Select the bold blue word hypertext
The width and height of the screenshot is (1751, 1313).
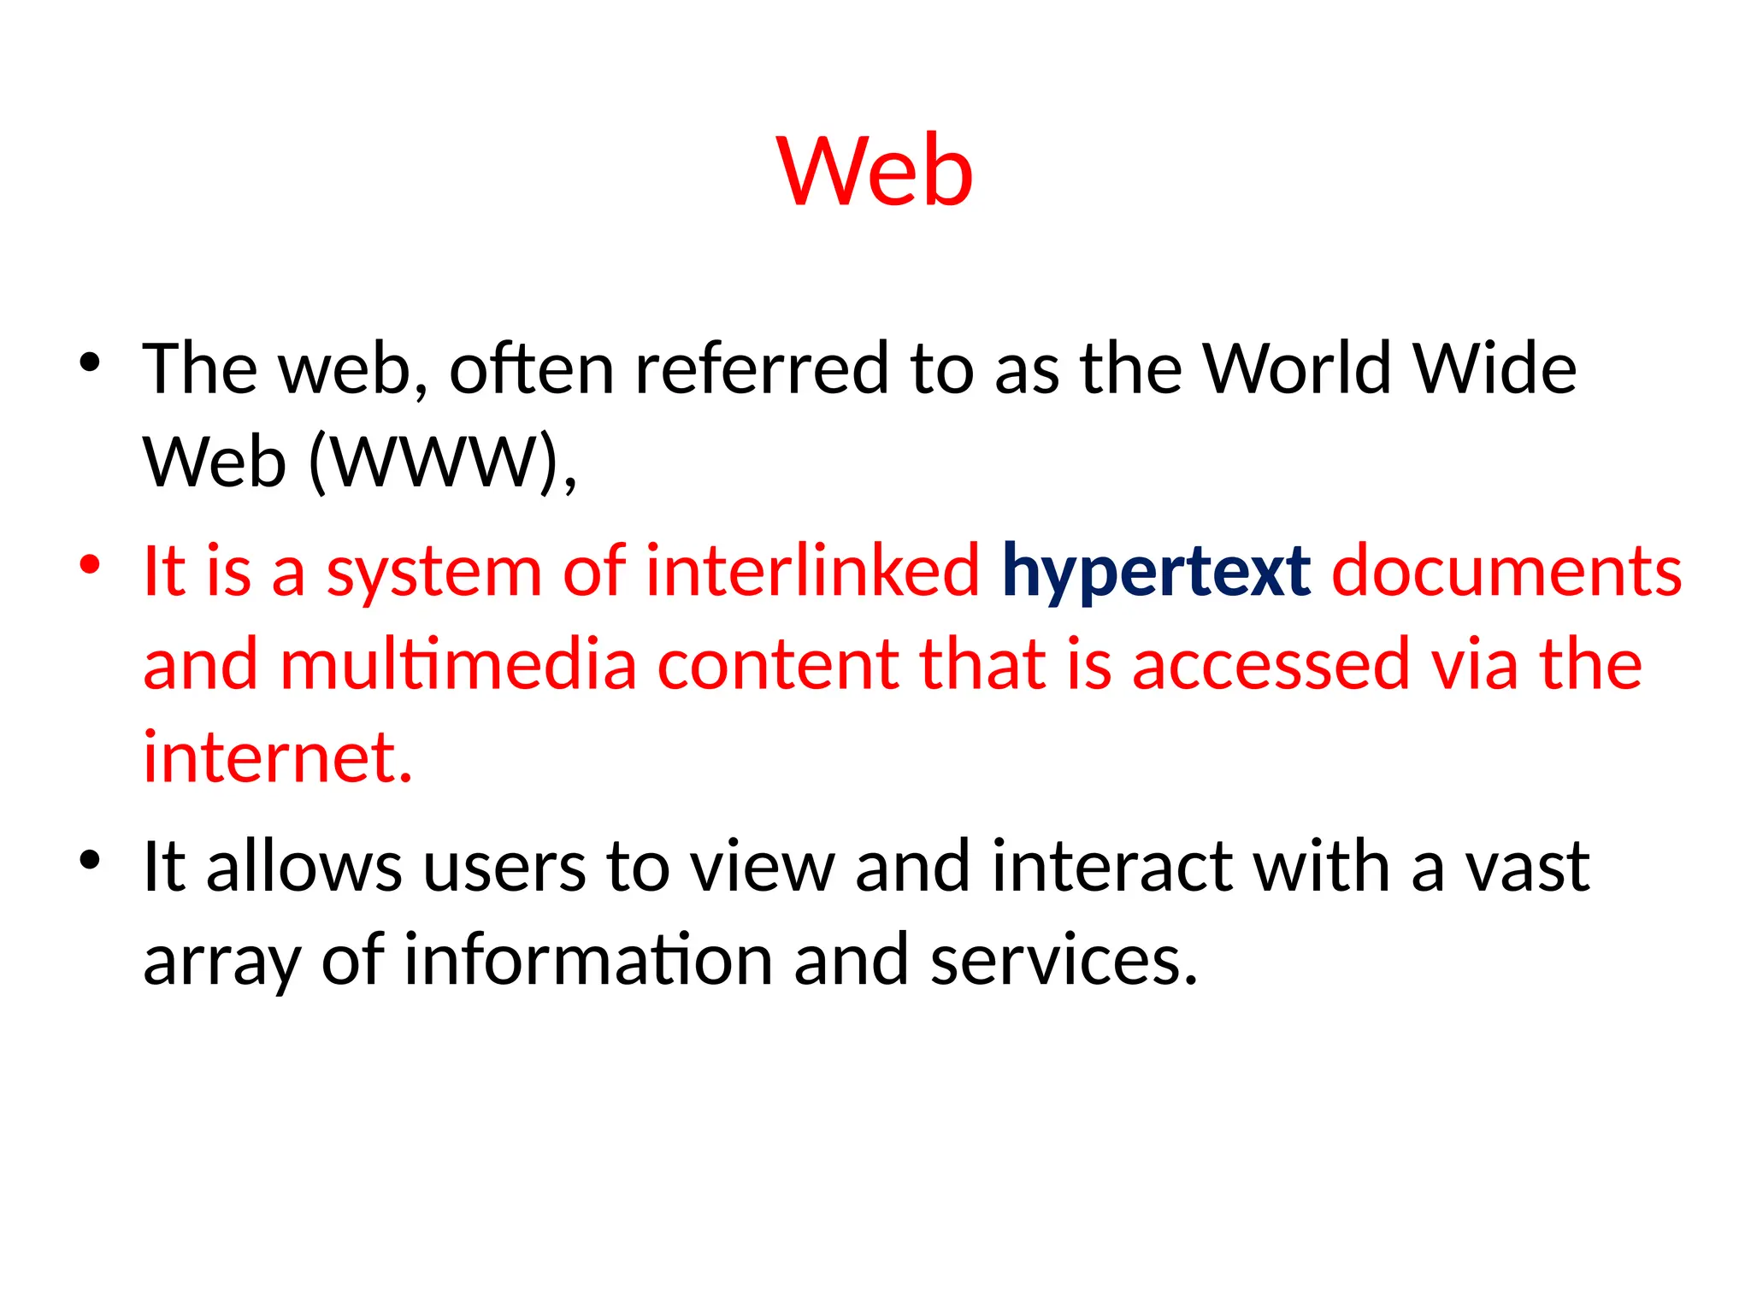pyautogui.click(x=1155, y=571)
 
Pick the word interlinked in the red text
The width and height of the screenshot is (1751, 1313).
pyautogui.click(x=812, y=571)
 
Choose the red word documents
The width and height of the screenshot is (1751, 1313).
pyautogui.click(x=1506, y=571)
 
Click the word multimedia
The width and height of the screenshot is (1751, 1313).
pyautogui.click(x=458, y=664)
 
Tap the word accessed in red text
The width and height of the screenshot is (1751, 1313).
pyautogui.click(x=1271, y=664)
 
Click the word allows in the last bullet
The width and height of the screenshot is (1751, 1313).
pyautogui.click(x=304, y=867)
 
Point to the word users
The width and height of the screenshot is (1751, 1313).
pyautogui.click(x=504, y=867)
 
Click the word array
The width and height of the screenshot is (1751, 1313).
pyautogui.click(x=221, y=962)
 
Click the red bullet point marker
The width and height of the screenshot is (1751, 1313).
pyautogui.click(x=90, y=565)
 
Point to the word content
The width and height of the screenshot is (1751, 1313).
pyautogui.click(x=776, y=664)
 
